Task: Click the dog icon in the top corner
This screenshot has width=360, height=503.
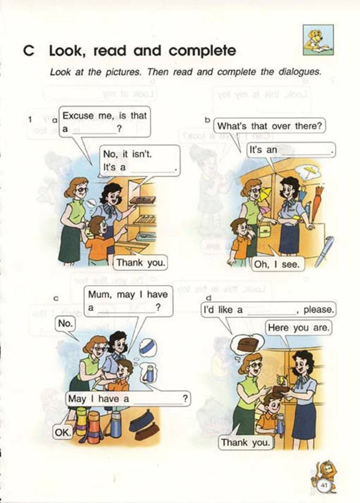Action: click(x=318, y=40)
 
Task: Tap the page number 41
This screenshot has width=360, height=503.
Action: click(x=324, y=485)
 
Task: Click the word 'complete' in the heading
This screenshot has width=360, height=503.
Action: click(x=202, y=51)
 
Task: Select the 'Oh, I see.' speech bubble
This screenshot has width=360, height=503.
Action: click(x=277, y=265)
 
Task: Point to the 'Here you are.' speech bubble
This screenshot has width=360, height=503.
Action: click(x=298, y=328)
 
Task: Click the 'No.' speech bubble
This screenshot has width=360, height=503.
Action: click(x=65, y=324)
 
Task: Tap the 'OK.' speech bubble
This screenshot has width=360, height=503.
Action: click(x=62, y=432)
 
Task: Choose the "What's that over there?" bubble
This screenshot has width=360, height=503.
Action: click(x=269, y=126)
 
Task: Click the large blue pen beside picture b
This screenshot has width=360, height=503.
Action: click(x=324, y=252)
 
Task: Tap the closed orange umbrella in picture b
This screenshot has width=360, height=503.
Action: click(x=317, y=200)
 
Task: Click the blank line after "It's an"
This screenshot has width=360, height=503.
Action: click(x=306, y=154)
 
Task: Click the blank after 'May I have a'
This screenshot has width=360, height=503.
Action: click(x=157, y=403)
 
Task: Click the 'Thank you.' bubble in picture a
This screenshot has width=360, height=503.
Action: click(x=140, y=263)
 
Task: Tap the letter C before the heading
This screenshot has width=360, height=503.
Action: click(x=29, y=51)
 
